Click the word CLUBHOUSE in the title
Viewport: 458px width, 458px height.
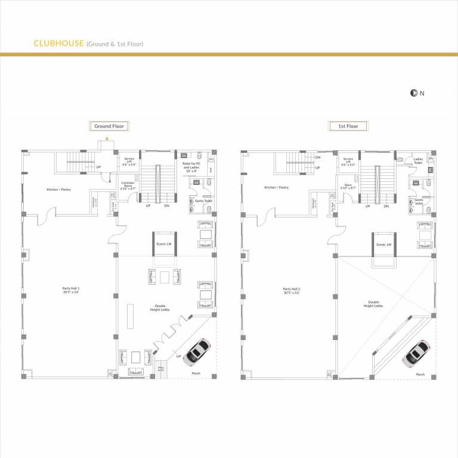point(58,44)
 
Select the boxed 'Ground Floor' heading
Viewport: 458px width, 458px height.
point(110,126)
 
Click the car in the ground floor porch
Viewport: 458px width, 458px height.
point(197,352)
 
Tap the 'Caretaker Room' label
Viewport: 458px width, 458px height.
point(128,185)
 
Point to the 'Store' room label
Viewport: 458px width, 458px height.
point(348,185)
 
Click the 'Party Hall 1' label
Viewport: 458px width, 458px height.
point(70,290)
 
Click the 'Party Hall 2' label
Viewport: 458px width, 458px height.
point(292,290)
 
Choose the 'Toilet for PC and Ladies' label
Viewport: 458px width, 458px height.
point(191,165)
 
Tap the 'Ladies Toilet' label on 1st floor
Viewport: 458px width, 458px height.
point(417,160)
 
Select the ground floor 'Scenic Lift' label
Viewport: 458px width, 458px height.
point(163,245)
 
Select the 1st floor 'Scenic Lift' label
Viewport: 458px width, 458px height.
point(383,245)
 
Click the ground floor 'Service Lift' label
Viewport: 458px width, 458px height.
point(129,161)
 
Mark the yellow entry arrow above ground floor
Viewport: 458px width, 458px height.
point(106,137)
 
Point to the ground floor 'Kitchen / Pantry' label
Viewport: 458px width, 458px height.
point(58,190)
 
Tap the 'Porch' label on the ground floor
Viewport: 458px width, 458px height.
point(196,373)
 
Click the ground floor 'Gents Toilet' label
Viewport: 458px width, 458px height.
point(202,201)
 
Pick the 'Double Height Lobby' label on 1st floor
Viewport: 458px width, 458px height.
point(374,304)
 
